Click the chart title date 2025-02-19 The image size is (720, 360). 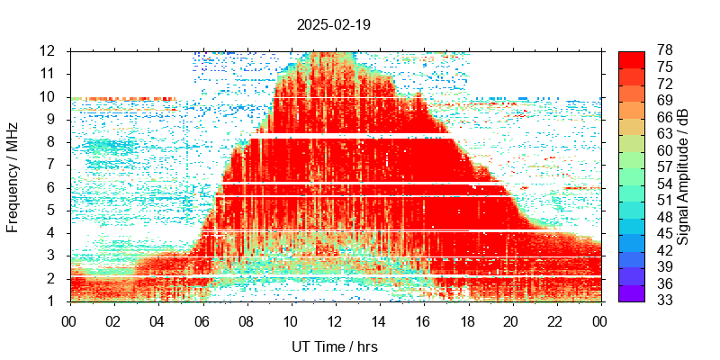334,24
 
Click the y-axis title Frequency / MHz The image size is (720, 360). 13,175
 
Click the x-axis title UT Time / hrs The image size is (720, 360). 334,347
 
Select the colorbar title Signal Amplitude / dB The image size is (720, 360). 684,175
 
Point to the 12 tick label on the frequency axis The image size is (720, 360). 49,50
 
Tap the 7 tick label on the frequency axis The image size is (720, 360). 53,165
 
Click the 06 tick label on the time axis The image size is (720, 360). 202,319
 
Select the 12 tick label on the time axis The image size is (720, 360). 335,319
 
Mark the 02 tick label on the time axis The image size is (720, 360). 113,319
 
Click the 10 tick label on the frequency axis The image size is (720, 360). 49,96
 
